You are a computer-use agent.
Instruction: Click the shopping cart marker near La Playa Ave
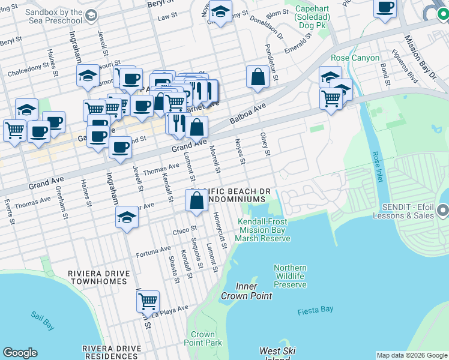tap(148, 301)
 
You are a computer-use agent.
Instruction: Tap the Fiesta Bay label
tap(315, 310)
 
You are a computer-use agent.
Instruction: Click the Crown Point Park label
tap(206, 338)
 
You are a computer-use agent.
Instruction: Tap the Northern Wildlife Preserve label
tap(290, 276)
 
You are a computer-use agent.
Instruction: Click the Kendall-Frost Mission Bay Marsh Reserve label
tap(263, 230)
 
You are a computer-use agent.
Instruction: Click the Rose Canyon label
tap(355, 58)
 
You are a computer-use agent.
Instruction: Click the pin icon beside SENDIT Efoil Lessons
tap(444, 211)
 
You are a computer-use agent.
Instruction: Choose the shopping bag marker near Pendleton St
tap(258, 77)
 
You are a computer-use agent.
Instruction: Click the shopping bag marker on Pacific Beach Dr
tap(196, 201)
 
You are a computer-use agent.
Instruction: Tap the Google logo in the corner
tap(20, 353)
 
